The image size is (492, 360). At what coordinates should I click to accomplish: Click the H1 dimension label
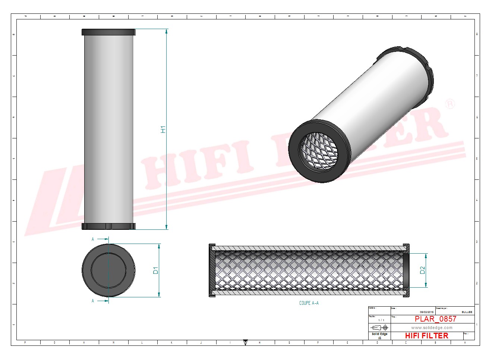click(163, 129)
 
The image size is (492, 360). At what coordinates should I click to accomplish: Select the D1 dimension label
click(156, 270)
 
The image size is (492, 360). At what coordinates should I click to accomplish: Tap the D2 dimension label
click(422, 270)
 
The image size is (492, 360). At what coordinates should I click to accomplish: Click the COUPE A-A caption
click(309, 303)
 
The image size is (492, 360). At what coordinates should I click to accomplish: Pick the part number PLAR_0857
click(435, 319)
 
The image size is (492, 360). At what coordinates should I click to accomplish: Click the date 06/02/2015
click(427, 312)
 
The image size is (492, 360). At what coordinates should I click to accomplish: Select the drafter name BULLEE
click(467, 312)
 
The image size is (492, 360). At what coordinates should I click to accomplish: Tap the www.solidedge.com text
click(432, 328)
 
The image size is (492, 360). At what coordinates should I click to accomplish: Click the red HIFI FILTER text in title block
click(426, 336)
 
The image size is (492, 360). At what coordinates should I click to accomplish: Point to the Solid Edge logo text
click(379, 334)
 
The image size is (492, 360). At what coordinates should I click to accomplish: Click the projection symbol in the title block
click(379, 327)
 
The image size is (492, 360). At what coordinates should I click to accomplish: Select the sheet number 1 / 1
click(381, 320)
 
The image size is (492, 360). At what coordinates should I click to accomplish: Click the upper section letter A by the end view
click(93, 240)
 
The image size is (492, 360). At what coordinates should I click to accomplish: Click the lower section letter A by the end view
click(93, 301)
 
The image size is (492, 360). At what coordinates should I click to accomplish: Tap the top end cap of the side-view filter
click(108, 32)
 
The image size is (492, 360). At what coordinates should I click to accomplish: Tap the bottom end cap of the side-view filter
click(108, 226)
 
